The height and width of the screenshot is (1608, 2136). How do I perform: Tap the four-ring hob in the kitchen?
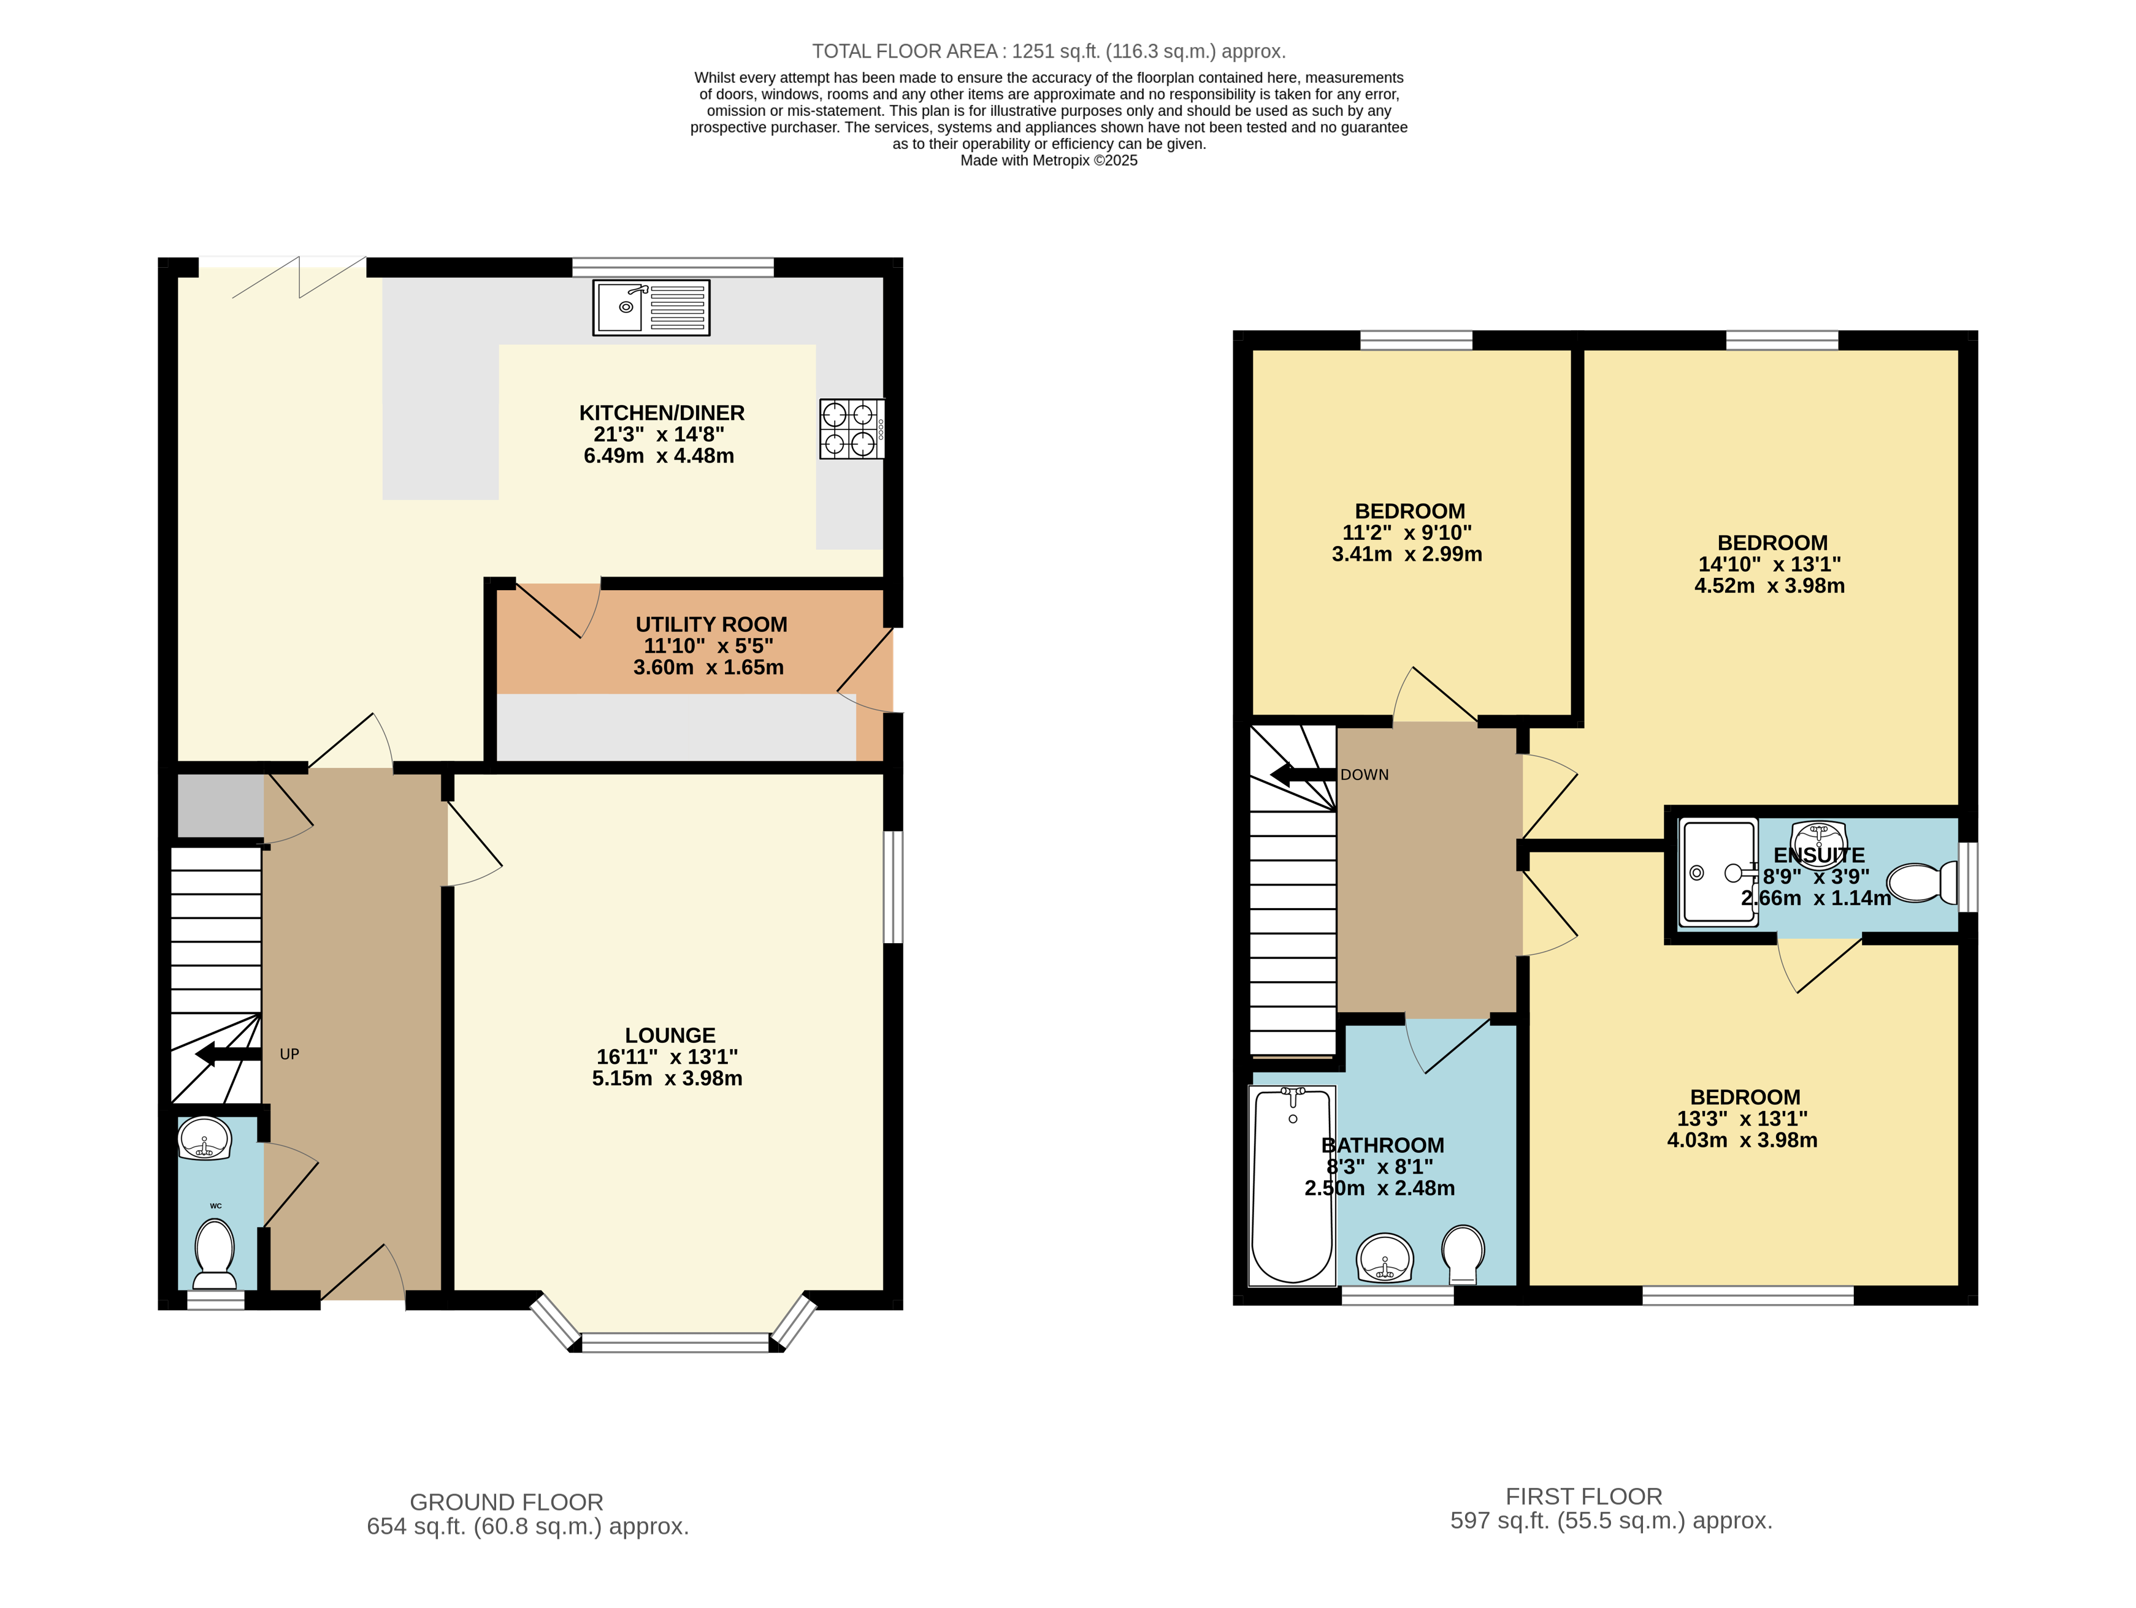pos(851,428)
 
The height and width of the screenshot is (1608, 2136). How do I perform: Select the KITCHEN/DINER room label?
pos(662,413)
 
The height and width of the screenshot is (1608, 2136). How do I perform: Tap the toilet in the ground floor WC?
pos(215,1253)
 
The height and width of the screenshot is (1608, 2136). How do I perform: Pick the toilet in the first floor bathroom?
pos(1463,1253)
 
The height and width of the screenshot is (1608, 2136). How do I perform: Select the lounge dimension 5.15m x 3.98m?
pos(667,1078)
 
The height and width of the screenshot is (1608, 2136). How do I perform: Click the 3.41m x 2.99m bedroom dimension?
pos(1406,554)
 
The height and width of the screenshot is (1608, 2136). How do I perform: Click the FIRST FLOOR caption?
pos(1583,1496)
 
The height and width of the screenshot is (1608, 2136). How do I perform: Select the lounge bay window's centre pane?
pos(675,1341)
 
